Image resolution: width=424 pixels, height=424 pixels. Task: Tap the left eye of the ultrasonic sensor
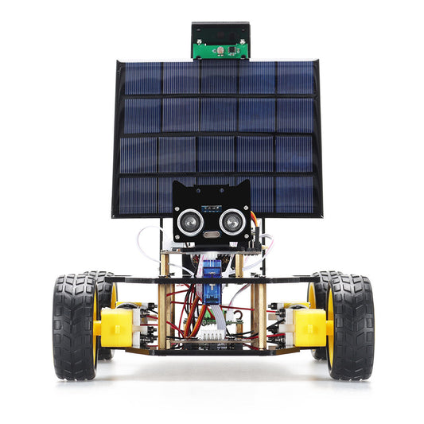189,222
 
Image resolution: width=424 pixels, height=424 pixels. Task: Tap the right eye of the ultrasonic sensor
231,222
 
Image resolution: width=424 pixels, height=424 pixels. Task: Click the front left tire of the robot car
75,326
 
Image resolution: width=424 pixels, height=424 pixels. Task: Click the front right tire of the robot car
350,326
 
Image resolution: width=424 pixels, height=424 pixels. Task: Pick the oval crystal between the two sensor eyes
210,235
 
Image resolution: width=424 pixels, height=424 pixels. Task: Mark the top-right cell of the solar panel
297,78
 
